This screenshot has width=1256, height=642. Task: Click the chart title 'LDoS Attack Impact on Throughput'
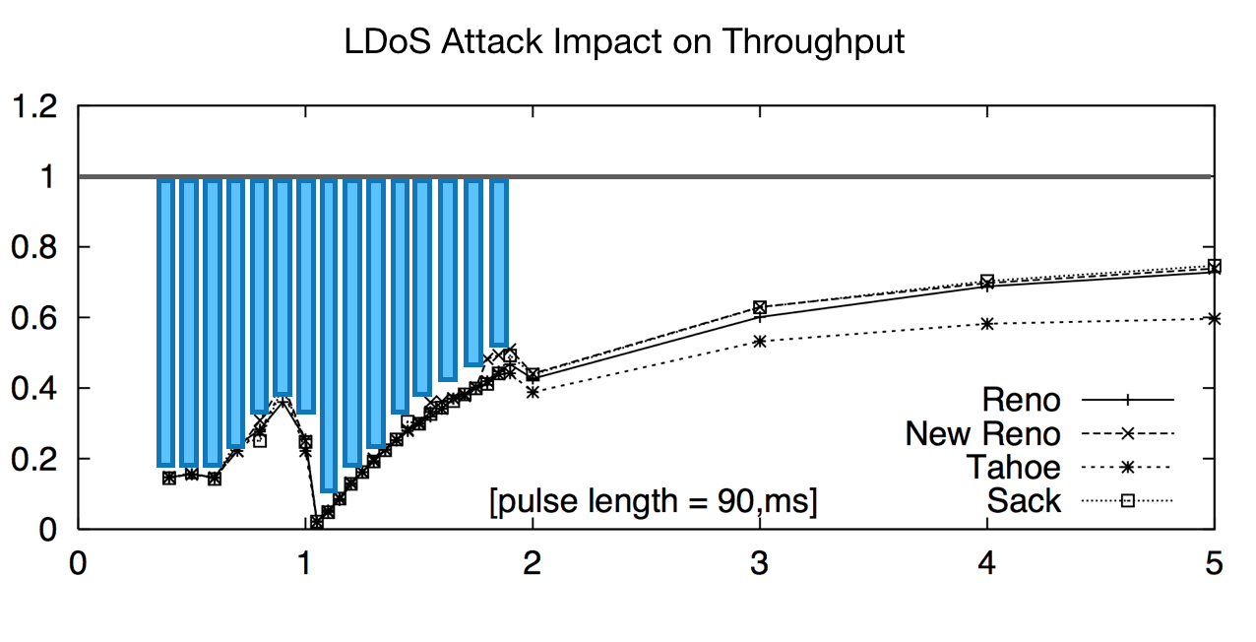pyautogui.click(x=624, y=42)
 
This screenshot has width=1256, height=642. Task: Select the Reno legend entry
pyautogui.click(x=1021, y=400)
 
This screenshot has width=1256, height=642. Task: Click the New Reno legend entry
pyautogui.click(x=982, y=433)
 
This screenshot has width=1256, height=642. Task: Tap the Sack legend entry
pyautogui.click(x=1024, y=500)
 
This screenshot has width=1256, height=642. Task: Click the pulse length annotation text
pyautogui.click(x=654, y=502)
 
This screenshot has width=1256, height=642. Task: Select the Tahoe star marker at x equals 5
pyautogui.click(x=1214, y=318)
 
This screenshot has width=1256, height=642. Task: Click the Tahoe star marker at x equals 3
pyautogui.click(x=759, y=341)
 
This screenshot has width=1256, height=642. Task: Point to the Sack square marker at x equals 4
pyautogui.click(x=986, y=282)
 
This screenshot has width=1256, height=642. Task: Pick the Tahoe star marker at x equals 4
pyautogui.click(x=986, y=323)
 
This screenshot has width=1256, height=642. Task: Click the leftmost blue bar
pyautogui.click(x=165, y=322)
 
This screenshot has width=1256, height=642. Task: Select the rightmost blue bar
pyautogui.click(x=499, y=263)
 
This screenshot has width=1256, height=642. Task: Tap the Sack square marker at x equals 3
pyautogui.click(x=759, y=307)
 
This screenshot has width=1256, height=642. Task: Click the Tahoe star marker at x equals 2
pyautogui.click(x=533, y=391)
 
